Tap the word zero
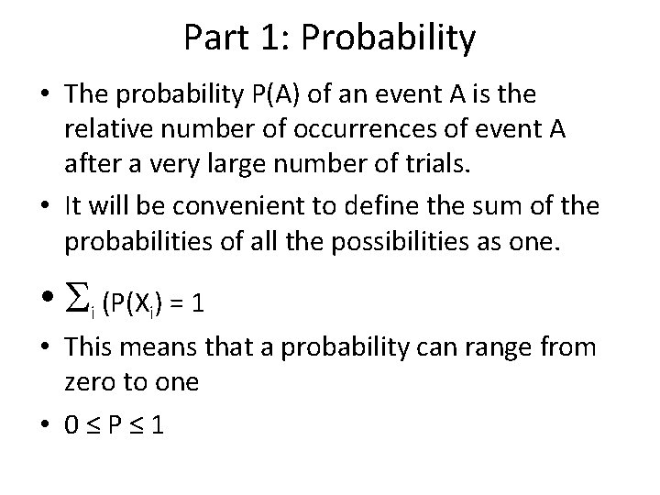[90, 380]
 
